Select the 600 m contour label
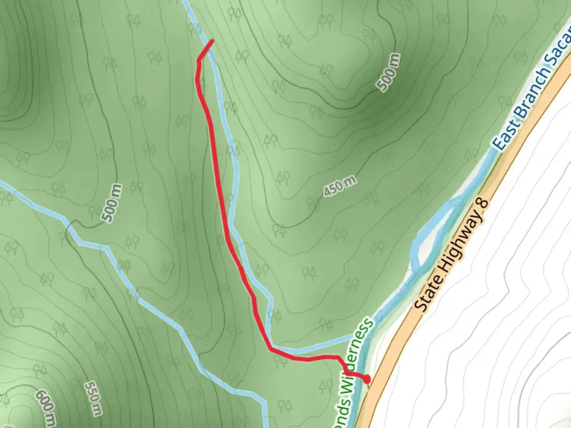click(x=46, y=408)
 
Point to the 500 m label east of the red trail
click(x=389, y=72)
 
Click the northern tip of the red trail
click(x=213, y=40)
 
